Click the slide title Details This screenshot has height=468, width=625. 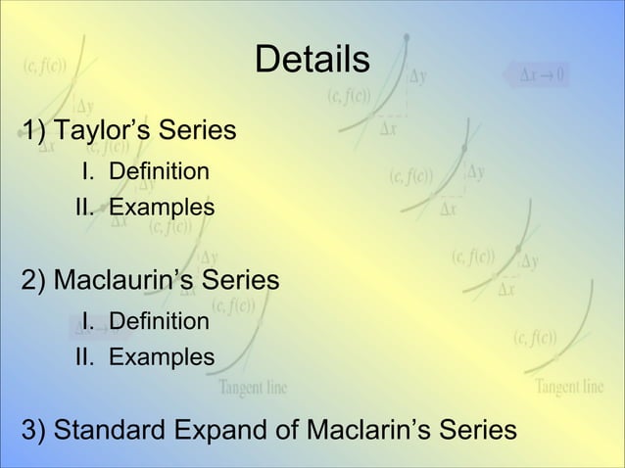[312, 61]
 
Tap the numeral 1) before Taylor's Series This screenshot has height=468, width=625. [35, 130]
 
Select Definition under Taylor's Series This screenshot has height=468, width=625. [159, 172]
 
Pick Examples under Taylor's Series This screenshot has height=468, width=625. [161, 208]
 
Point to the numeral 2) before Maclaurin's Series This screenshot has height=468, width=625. [35, 281]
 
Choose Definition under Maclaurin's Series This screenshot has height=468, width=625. [159, 321]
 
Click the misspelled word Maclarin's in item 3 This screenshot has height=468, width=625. [370, 430]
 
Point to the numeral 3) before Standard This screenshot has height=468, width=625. [35, 430]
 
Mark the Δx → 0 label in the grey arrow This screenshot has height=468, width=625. [541, 75]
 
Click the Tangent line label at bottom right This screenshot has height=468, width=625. [569, 387]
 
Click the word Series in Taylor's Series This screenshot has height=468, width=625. [201, 130]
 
